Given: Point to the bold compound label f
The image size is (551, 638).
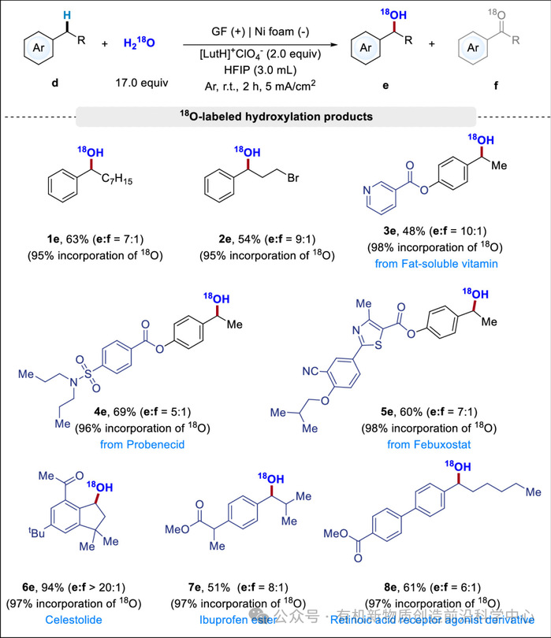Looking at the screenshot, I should (497, 82).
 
